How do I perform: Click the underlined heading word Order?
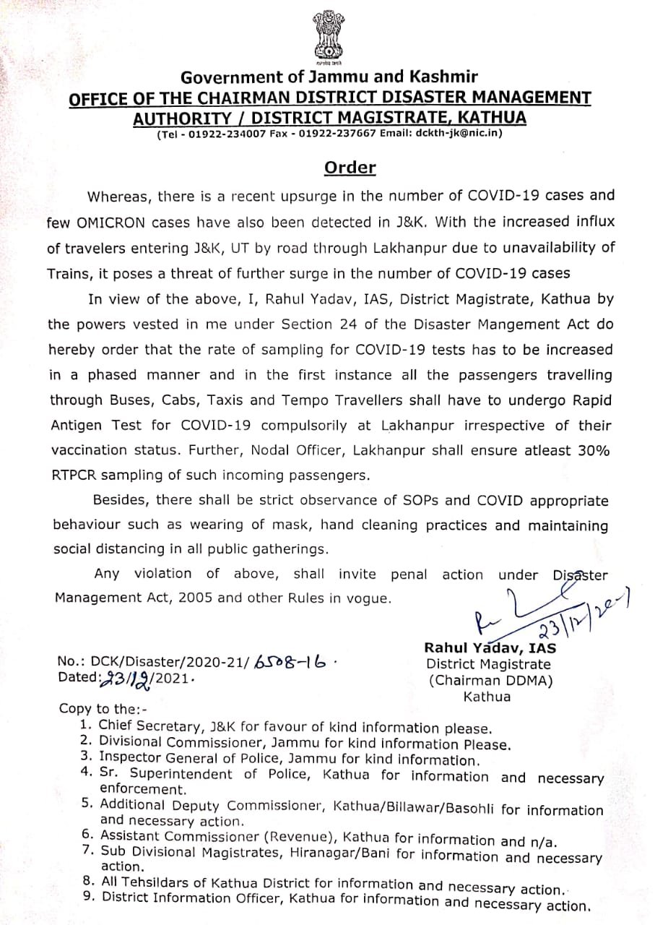coord(350,168)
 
